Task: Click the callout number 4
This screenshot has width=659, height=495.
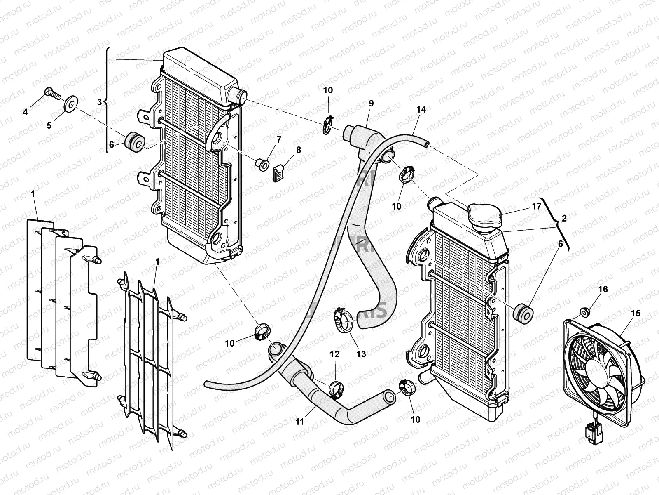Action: pos(26,112)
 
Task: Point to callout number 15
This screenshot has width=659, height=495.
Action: pos(636,313)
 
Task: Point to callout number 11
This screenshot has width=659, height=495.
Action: pos(299,422)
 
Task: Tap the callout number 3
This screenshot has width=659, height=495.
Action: pos(99,102)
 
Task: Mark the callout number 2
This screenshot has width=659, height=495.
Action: pos(564,219)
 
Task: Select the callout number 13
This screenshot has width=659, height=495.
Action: pos(361,354)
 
